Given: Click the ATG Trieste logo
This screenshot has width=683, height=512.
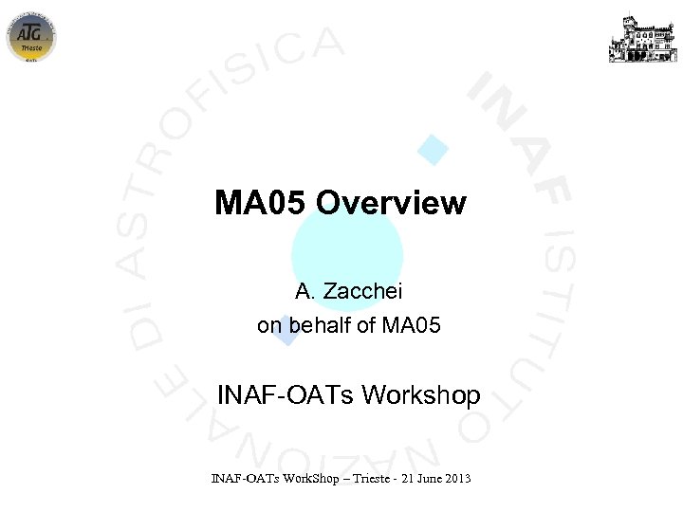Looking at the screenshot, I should tap(31, 36).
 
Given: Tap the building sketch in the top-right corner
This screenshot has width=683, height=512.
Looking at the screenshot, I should tap(643, 38).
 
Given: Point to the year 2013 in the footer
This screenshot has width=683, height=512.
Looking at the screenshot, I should tap(456, 478).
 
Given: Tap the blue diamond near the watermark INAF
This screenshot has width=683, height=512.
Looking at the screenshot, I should tap(434, 150).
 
